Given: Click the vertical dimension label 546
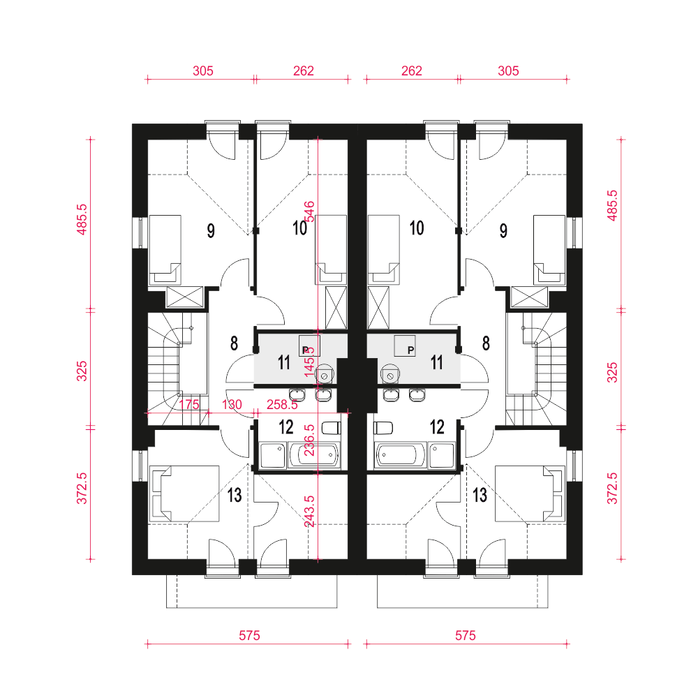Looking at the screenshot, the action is tap(309, 211).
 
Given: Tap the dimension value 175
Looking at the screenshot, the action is tap(189, 404).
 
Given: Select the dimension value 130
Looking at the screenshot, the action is tap(232, 404).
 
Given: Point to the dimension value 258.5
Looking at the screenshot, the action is tap(282, 404).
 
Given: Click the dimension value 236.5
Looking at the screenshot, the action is tap(309, 440).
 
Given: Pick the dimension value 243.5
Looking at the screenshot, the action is tap(309, 512).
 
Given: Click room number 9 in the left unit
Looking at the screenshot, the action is tap(211, 230).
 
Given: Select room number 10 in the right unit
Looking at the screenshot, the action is tap(417, 228).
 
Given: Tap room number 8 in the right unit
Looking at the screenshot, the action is tap(486, 343).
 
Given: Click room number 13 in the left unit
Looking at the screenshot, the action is tap(235, 495).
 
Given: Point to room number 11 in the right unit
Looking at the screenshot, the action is tap(437, 362).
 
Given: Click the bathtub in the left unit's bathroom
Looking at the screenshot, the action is tap(314, 455).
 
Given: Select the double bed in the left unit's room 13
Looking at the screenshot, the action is tap(184, 493).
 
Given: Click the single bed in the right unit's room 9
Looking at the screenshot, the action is tap(549, 250).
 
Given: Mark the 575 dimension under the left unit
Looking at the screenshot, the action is tap(249, 635).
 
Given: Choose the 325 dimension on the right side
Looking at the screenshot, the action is tap(613, 372).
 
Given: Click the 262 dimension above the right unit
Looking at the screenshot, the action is tap(412, 70).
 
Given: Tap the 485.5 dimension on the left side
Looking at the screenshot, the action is tap(82, 219).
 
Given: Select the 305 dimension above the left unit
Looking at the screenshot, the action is tap(203, 70).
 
